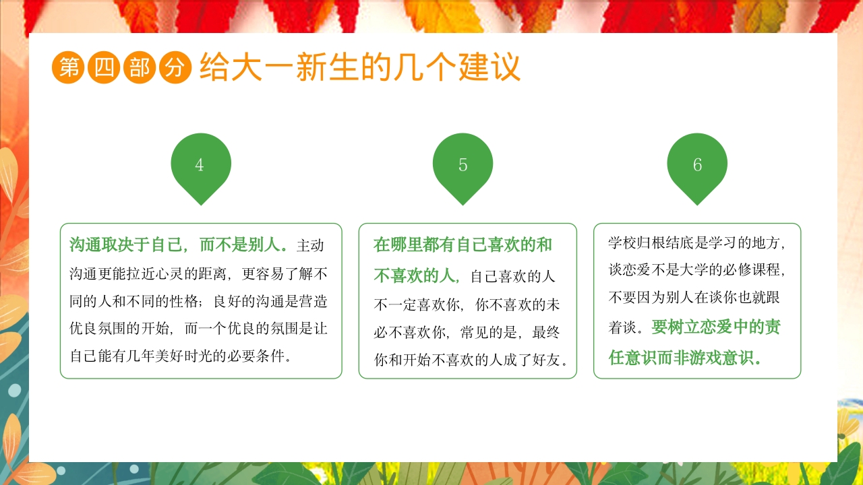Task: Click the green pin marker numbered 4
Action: click(201, 165)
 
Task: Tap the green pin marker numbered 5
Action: click(463, 165)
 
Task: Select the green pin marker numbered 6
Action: click(697, 165)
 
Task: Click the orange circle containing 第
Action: click(68, 67)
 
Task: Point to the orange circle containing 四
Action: click(104, 67)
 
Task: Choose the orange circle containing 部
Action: click(140, 67)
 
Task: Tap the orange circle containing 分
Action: click(175, 67)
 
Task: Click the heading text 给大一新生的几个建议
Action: click(360, 67)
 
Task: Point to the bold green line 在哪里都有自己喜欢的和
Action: click(463, 244)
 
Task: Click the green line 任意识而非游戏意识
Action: click(685, 357)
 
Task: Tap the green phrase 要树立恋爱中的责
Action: click(716, 327)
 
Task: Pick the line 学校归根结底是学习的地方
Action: click(696, 243)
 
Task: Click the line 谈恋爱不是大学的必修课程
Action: click(696, 270)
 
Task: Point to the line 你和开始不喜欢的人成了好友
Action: click(471, 360)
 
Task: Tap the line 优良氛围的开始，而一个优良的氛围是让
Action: click(198, 329)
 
